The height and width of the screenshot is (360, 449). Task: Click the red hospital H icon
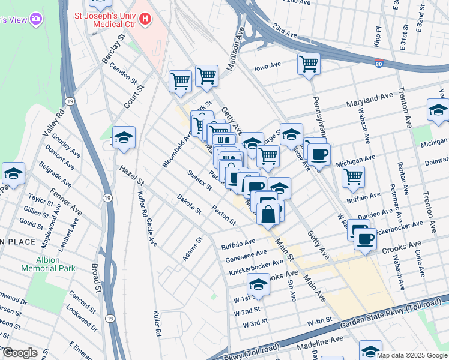pos(144,19)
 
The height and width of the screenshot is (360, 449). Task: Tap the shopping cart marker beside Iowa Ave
pos(309,64)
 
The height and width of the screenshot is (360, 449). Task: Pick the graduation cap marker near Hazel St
pos(124,138)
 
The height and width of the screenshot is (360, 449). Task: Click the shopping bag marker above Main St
pos(268,213)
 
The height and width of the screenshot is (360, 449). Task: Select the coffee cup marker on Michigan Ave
pos(319,155)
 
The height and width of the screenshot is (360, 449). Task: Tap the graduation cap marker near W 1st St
pos(258,284)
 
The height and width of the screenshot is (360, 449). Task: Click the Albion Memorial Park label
pos(48,264)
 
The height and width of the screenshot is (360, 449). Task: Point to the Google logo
pos(20,353)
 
